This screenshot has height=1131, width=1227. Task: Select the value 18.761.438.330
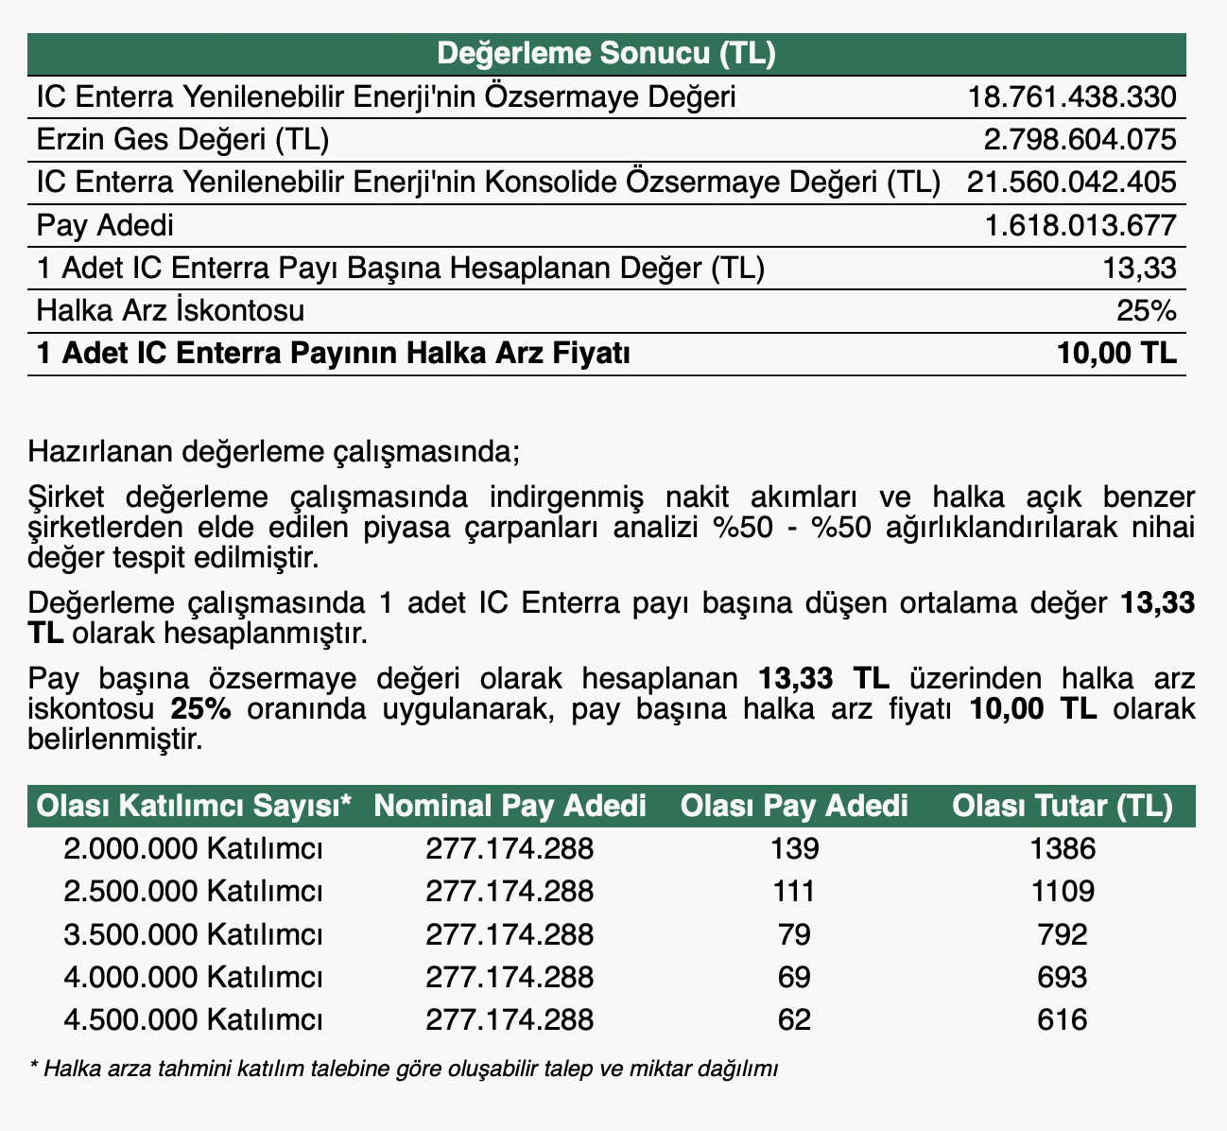[1072, 96]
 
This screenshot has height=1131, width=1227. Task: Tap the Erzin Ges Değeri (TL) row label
[181, 140]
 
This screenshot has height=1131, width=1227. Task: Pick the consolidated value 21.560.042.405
[1071, 183]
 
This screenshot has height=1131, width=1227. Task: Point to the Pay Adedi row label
[104, 226]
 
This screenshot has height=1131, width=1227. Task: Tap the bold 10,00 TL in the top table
[1118, 354]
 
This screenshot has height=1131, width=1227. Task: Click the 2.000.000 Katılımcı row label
[194, 849]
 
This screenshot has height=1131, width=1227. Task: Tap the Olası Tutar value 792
[1063, 935]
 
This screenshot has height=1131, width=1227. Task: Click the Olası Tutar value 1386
[1063, 849]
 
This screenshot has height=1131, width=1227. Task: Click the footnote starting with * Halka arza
[404, 1070]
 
